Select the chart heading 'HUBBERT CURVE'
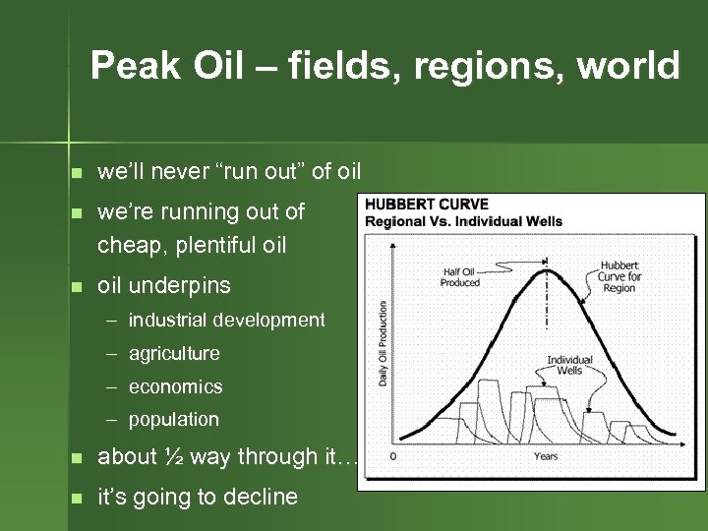[427, 206]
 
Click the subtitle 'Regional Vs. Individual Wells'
[463, 221]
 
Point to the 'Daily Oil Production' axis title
[383, 343]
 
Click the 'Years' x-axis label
[546, 456]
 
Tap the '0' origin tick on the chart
[393, 456]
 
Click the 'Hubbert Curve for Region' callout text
[619, 277]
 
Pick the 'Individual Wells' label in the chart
[570, 364]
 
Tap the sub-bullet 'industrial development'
[226, 320]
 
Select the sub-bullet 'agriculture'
[174, 353]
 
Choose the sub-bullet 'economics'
[175, 386]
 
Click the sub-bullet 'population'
[174, 419]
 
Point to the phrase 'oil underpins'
[164, 286]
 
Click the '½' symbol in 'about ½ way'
[173, 456]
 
